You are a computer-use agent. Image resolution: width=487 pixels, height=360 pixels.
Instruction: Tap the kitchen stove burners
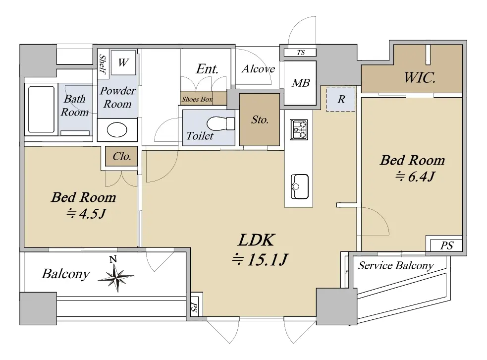(299, 129)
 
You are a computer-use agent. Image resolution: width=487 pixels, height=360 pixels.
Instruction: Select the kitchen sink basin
(299, 186)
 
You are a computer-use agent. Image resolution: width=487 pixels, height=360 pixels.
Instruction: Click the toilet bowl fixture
(220, 124)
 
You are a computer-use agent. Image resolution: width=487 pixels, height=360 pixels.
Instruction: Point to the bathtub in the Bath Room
(41, 109)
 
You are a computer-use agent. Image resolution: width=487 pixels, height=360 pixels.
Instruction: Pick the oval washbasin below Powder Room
(117, 130)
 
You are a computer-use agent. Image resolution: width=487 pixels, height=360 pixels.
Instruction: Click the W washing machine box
(123, 62)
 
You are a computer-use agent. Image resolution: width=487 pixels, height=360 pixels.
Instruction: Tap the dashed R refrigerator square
(341, 99)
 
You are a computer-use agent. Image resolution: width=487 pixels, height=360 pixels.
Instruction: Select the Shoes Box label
(197, 99)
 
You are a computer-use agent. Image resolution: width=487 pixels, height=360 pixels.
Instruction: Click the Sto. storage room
(260, 120)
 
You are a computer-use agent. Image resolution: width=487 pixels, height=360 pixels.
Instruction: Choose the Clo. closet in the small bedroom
(121, 156)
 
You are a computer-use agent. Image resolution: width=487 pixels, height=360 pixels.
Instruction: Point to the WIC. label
(420, 78)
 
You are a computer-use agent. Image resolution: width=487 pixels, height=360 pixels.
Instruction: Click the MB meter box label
(301, 83)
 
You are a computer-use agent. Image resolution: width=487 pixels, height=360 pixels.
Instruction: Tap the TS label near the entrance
(301, 53)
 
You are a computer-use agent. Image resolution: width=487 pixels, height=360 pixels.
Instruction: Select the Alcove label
(259, 69)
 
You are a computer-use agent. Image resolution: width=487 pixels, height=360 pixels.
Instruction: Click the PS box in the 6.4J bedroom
(446, 245)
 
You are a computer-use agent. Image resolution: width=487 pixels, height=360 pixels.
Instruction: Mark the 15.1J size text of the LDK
(260, 259)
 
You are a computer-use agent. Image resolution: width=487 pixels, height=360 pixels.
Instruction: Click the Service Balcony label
(396, 265)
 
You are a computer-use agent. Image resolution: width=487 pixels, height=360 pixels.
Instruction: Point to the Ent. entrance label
(207, 69)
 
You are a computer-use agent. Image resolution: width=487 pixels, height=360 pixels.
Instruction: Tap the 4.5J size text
(86, 213)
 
